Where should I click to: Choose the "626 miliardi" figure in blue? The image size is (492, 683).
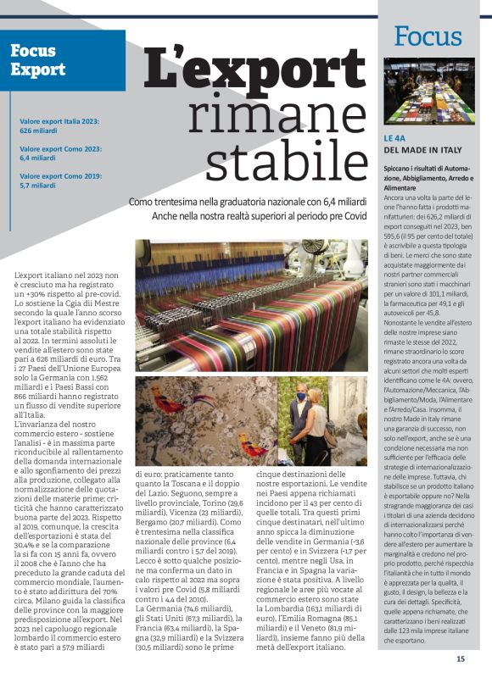pyautogui.click(x=37, y=131)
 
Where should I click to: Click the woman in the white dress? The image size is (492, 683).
pyautogui.click(x=316, y=424)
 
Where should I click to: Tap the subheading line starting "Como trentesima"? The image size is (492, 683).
pyautogui.click(x=248, y=203)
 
